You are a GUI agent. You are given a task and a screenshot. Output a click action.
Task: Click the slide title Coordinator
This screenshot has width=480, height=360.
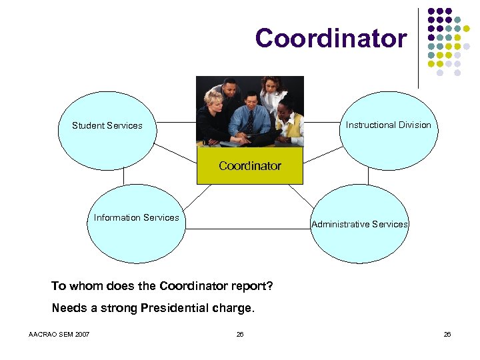(x=331, y=38)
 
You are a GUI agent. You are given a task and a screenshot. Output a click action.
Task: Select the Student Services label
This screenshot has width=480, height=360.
(x=107, y=125)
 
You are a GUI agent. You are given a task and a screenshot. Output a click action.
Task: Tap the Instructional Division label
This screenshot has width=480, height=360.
(x=388, y=125)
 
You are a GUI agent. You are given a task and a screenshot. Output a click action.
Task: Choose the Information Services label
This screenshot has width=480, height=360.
(x=136, y=217)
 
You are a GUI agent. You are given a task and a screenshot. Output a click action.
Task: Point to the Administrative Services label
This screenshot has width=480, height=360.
(x=359, y=224)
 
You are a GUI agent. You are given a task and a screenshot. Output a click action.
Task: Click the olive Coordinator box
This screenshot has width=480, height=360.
(x=250, y=166)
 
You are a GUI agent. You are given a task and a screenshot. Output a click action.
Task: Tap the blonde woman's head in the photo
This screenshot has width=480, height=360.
(x=215, y=100)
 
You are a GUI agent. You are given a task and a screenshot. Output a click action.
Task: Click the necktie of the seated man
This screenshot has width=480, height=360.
(x=249, y=121)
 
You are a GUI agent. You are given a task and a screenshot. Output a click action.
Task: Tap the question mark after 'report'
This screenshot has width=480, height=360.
(x=269, y=286)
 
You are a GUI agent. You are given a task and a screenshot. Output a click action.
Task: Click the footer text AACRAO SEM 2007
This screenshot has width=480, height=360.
(x=60, y=334)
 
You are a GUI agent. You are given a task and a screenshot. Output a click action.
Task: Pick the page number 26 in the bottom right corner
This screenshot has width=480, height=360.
(x=447, y=334)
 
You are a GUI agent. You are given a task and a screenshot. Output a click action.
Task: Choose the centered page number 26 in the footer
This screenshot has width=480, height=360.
(x=239, y=334)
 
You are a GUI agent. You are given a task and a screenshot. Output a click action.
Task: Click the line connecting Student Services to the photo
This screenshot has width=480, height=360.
(x=175, y=123)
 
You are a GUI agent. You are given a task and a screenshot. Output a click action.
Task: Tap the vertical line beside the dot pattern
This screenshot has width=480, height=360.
(x=419, y=47)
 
